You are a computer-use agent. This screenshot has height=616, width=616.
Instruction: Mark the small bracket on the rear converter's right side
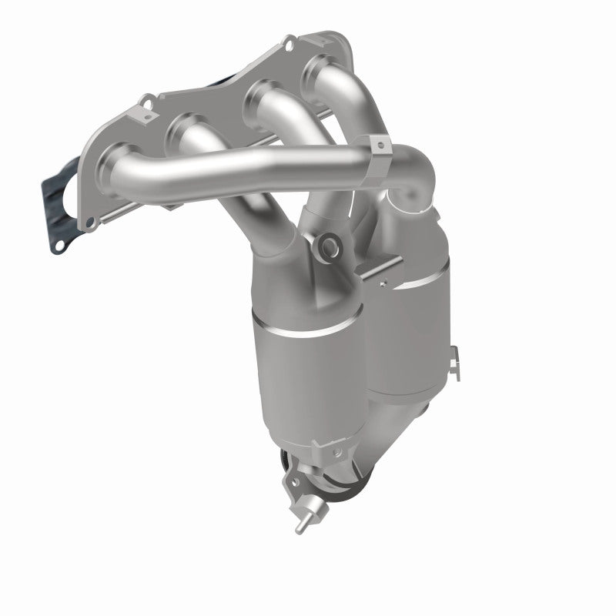point(456,356)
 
